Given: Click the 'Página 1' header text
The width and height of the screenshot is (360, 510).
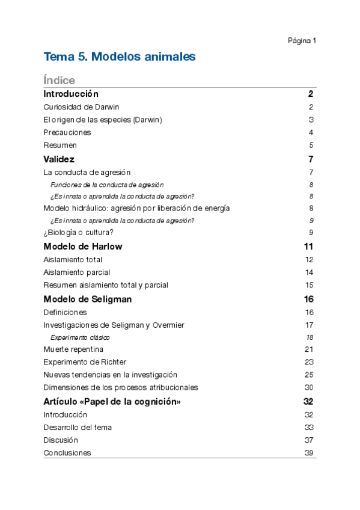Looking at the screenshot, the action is (x=302, y=41).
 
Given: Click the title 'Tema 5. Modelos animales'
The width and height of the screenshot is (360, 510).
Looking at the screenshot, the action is (x=120, y=57).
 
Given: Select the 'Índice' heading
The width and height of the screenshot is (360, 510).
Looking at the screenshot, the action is (x=59, y=80).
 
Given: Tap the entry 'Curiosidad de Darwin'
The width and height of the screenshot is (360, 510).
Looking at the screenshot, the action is (x=81, y=107).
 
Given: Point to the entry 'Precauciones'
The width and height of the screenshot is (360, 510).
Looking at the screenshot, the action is (x=67, y=132).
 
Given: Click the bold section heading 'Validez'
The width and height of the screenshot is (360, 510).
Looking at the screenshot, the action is (x=59, y=159).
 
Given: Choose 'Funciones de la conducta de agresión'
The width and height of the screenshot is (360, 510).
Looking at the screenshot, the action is (x=107, y=185).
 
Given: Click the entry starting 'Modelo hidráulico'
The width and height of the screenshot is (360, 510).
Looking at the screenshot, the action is (x=136, y=208).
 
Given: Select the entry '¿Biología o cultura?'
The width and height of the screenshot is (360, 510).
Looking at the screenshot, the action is (x=78, y=233).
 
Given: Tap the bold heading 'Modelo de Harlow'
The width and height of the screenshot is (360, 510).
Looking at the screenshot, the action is (x=83, y=247).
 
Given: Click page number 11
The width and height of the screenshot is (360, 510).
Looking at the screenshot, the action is (x=309, y=247).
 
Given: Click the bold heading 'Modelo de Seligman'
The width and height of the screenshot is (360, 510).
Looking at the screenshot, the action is (x=88, y=299).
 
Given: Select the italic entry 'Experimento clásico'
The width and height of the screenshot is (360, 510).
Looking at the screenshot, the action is (x=80, y=337).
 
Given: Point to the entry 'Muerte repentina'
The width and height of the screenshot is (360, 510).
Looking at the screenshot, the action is (x=73, y=349).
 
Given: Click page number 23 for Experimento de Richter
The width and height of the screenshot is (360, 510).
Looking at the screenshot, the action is (x=310, y=361).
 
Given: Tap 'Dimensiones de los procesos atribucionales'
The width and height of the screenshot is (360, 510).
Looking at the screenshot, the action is (x=121, y=387).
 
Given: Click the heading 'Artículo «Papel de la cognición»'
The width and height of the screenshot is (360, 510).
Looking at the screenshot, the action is (x=112, y=401).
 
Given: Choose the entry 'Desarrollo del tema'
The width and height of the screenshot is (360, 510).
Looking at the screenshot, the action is (x=78, y=427).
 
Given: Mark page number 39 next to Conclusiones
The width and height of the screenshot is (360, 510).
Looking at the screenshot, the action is (x=310, y=453).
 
